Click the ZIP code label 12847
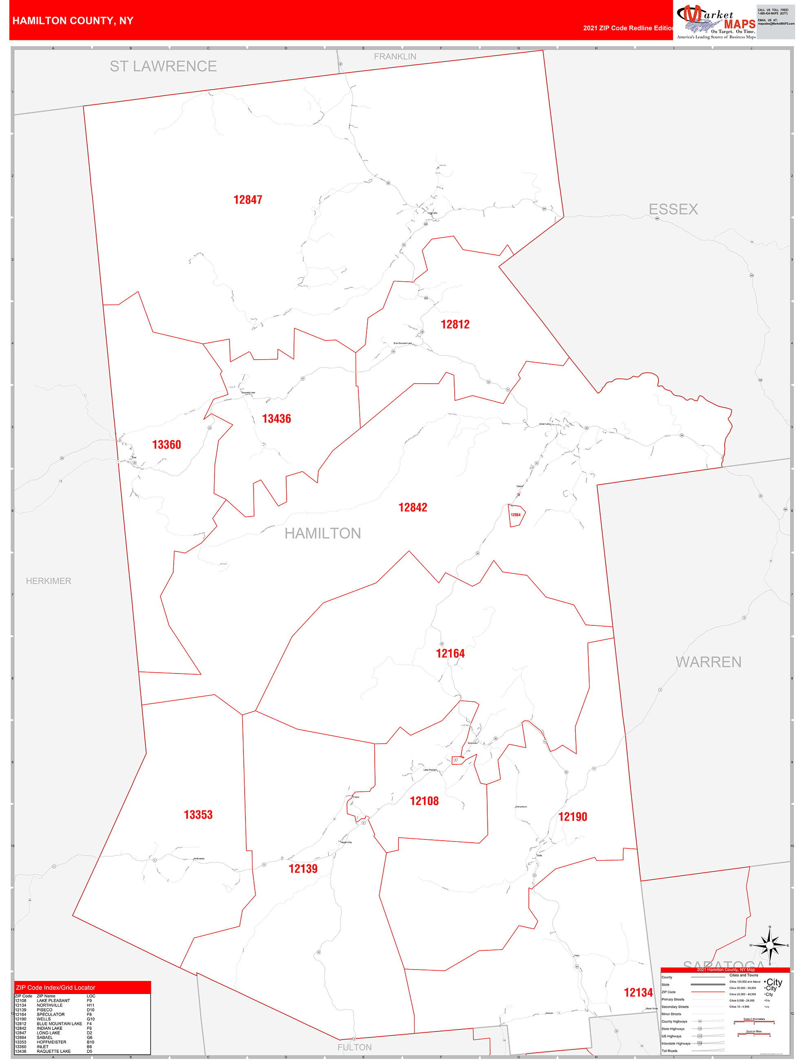click(248, 200)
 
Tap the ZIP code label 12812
click(455, 325)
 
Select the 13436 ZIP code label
click(276, 419)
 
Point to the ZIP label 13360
click(166, 445)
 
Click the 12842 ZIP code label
click(413, 508)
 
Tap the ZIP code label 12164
click(450, 654)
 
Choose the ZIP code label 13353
click(198, 815)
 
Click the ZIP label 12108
click(424, 801)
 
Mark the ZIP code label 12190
click(573, 817)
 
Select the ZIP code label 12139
click(303, 868)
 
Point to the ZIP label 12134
click(638, 992)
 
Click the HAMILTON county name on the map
click(323, 533)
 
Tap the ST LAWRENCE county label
click(163, 66)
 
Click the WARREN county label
click(708, 662)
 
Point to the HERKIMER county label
click(49, 581)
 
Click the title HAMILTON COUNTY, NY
click(73, 21)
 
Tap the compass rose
click(769, 945)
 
